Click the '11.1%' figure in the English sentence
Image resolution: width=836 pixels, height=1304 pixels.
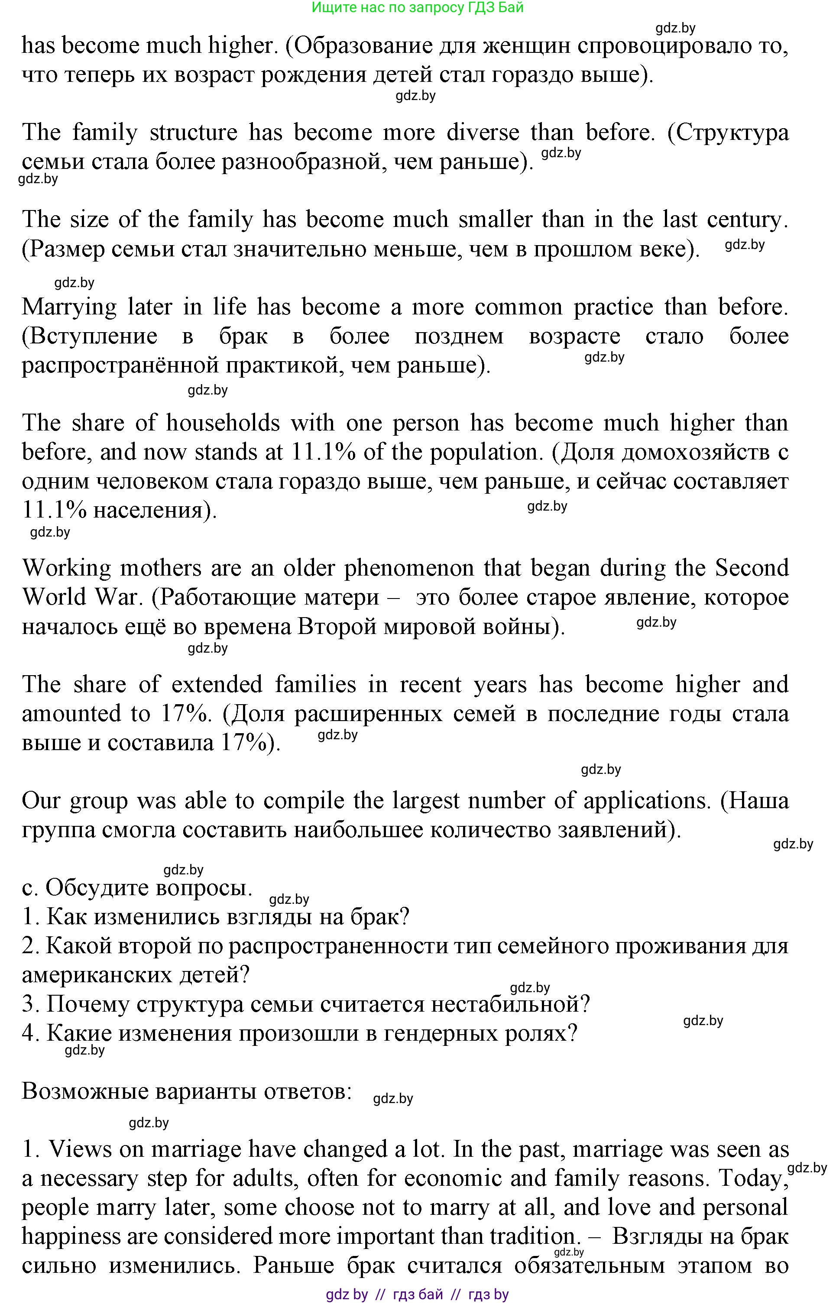pyautogui.click(x=324, y=452)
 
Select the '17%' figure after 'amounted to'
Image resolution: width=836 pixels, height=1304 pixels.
pyautogui.click(x=186, y=714)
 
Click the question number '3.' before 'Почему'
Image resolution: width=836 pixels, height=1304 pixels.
pyautogui.click(x=31, y=1004)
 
